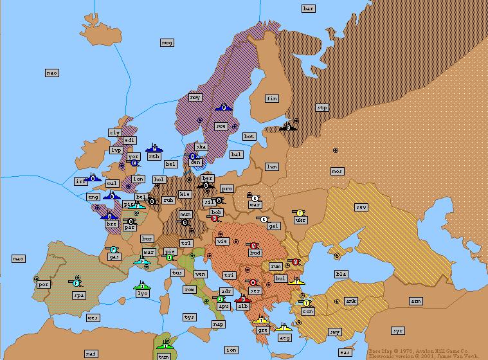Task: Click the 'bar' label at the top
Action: [309, 8]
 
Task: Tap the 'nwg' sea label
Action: [167, 42]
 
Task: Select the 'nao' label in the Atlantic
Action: [52, 73]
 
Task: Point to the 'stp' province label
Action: [322, 108]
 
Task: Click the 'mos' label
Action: [338, 171]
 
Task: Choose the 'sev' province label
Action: [361, 207]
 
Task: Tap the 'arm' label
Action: [416, 301]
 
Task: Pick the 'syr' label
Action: [398, 330]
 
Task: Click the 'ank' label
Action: [351, 301]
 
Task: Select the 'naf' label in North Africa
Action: [91, 354]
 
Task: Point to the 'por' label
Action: [44, 284]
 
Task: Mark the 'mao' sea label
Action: [19, 258]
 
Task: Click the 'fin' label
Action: [272, 98]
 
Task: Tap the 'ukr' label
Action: [300, 220]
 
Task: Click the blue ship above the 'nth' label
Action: [154, 148]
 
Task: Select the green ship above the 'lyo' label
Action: [142, 285]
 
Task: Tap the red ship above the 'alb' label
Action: [242, 299]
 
